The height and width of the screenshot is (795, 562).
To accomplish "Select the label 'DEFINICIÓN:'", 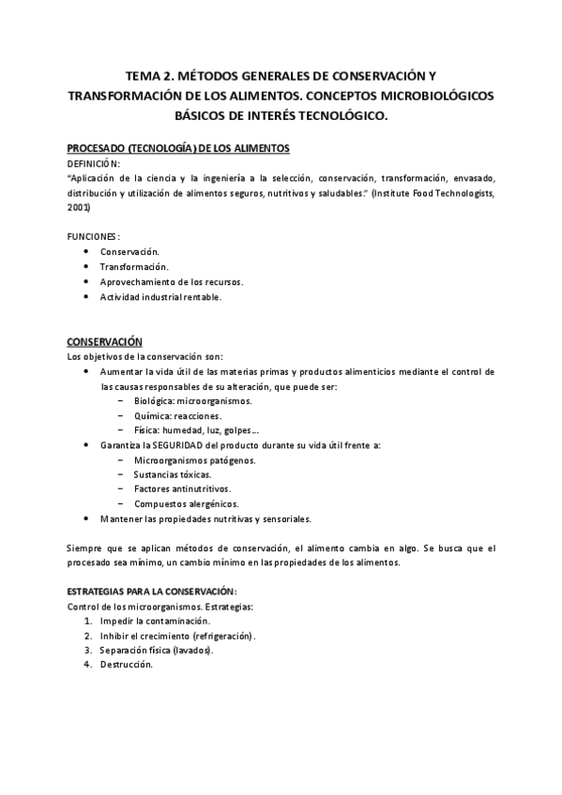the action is [94, 163].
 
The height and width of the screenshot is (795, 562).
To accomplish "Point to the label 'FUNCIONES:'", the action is [93, 236].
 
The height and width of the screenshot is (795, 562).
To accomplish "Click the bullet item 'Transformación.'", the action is [134, 266].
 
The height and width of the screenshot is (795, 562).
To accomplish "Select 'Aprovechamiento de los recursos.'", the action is [172, 281].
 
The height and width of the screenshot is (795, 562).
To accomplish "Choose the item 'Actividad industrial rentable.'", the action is [161, 296].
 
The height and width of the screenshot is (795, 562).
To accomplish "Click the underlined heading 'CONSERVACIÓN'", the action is [104, 342].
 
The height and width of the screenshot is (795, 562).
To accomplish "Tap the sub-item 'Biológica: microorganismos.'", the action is [192, 401].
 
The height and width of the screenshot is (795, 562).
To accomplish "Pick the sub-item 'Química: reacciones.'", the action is [177, 415].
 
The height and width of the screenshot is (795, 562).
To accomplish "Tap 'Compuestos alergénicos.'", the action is [186, 503].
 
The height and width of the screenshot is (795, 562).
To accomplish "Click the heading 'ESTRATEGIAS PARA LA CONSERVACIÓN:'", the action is [152, 592].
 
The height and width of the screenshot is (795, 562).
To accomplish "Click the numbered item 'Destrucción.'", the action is [126, 665].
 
